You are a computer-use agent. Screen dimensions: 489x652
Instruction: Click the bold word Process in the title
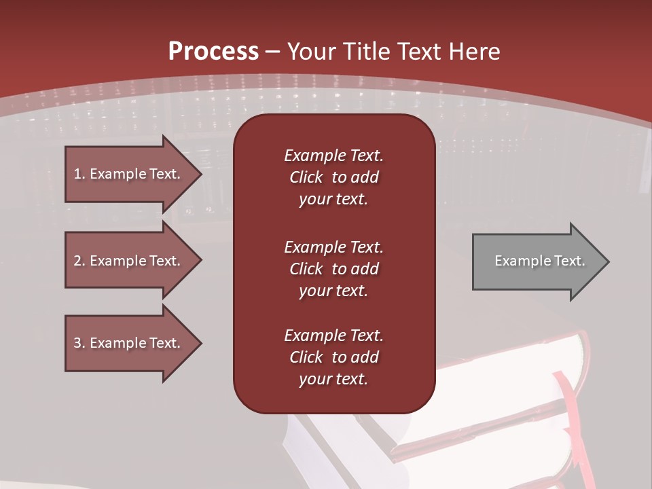pos(213,52)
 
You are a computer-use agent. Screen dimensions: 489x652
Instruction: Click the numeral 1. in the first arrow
pos(79,174)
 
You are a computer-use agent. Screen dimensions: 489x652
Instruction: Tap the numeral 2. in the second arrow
pos(79,261)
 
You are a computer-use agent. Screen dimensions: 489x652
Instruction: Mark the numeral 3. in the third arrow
pos(79,343)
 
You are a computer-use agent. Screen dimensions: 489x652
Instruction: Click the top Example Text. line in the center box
pos(333,156)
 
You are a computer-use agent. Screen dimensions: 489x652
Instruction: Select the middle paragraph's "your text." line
pos(333,291)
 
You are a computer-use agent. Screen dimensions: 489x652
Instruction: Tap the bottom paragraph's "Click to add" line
pos(333,357)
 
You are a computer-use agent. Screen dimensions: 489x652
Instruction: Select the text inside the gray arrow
pos(539,261)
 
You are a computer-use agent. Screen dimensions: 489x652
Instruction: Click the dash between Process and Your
pos(272,52)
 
